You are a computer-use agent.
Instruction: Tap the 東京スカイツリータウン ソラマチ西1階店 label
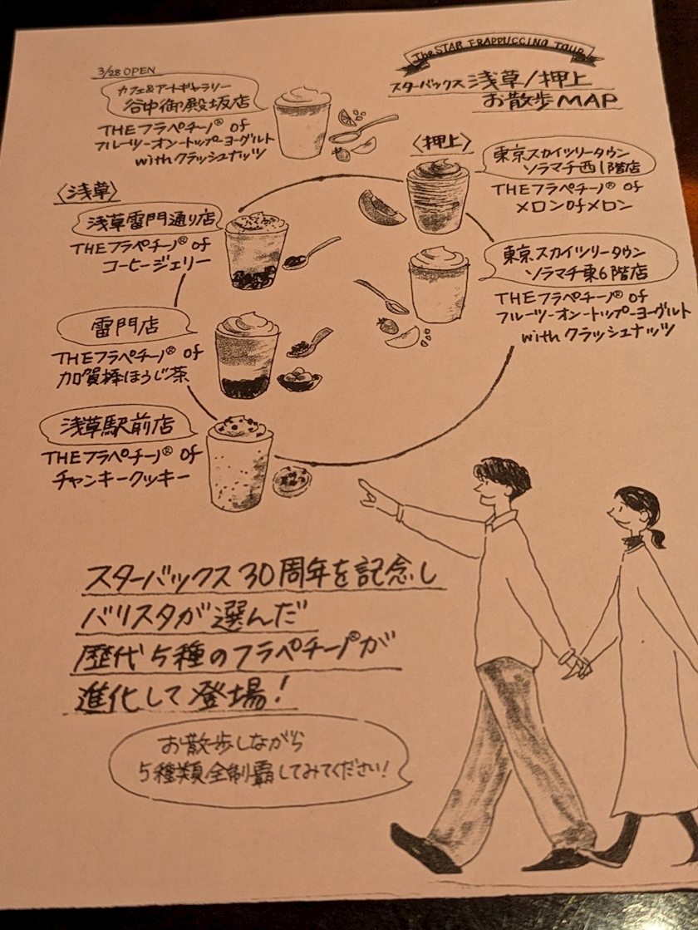(564, 164)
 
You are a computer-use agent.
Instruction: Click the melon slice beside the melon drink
(381, 208)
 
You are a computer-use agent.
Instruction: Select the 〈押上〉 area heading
(434, 143)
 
